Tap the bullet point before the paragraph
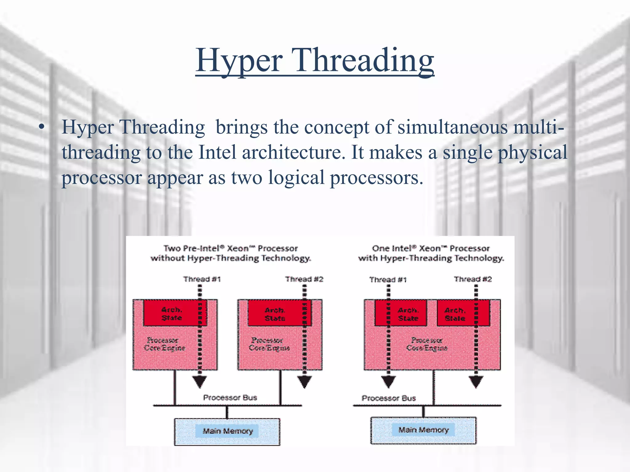point(42,127)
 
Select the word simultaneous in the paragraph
point(452,127)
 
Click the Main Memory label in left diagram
point(228,431)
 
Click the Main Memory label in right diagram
point(423,430)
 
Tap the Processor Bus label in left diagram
point(230,398)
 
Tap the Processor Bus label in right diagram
point(389,398)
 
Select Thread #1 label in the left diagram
point(202,279)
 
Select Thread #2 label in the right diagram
point(473,279)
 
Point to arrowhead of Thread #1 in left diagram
point(199,382)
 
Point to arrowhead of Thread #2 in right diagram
point(476,382)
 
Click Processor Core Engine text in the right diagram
point(427,344)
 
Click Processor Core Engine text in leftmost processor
point(164,344)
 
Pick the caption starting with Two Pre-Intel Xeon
point(231,253)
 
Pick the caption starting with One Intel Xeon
point(431,253)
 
